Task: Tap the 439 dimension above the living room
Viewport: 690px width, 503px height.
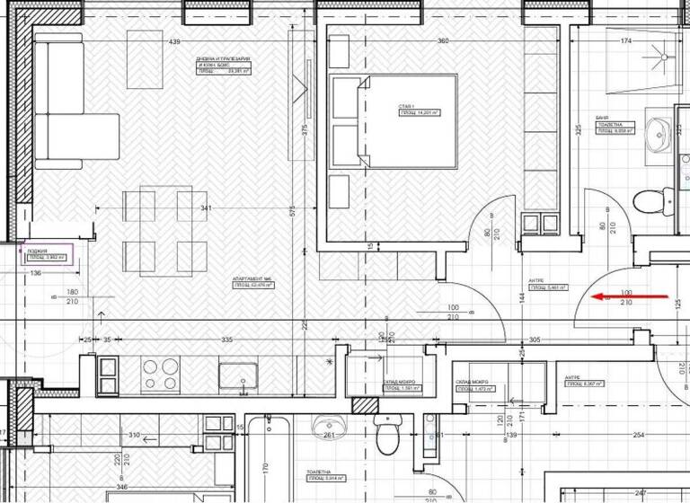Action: [175, 42]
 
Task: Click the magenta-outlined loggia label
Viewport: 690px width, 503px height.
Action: [47, 255]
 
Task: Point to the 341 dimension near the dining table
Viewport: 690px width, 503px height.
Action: [208, 208]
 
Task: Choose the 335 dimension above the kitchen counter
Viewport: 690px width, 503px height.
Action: [226, 340]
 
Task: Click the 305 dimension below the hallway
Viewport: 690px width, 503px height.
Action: [535, 340]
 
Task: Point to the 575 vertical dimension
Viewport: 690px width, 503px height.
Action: [292, 210]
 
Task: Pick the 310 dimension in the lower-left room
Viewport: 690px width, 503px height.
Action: [134, 436]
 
